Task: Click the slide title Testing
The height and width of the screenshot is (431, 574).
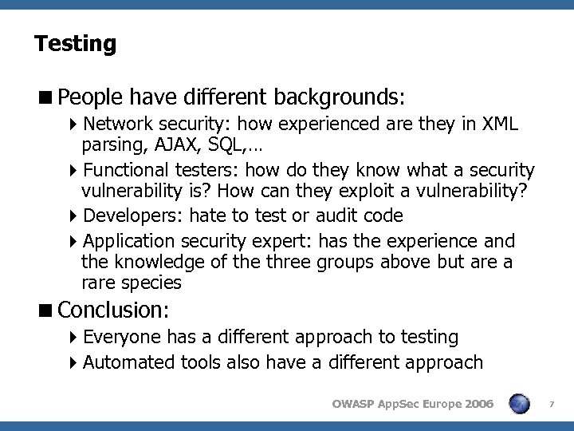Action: click(x=75, y=42)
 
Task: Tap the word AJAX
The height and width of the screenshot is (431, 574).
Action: click(x=175, y=146)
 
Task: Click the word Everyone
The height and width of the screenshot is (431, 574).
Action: click(x=121, y=337)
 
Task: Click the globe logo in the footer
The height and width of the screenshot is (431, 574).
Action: click(x=520, y=404)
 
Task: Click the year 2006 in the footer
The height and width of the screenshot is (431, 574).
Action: click(x=477, y=404)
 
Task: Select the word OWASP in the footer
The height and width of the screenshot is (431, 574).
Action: click(x=352, y=404)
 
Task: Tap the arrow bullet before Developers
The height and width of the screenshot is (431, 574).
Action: click(x=74, y=215)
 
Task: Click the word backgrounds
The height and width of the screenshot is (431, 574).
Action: click(x=338, y=97)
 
